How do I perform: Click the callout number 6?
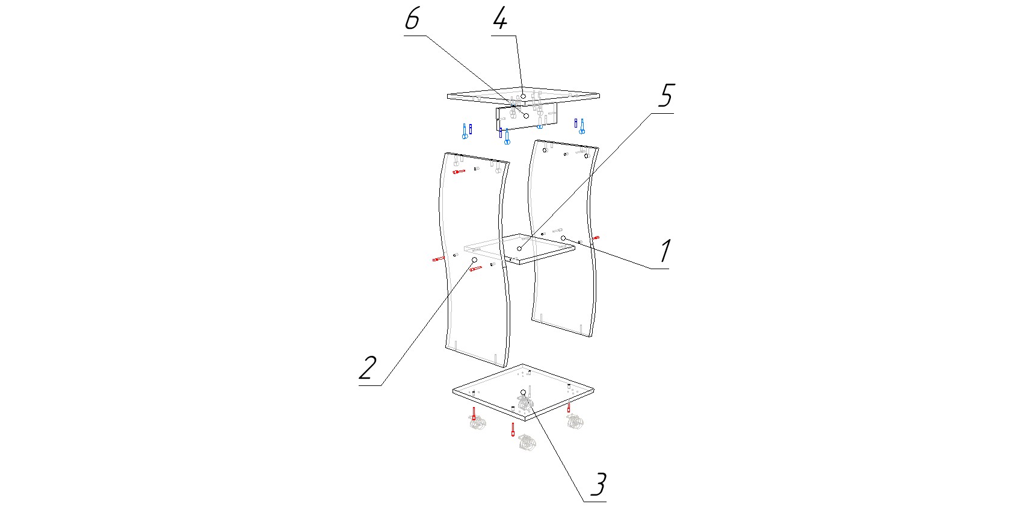point(412,19)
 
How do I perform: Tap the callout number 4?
point(500,19)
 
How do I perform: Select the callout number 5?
point(666,95)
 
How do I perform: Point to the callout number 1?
point(664,251)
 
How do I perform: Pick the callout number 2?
point(368,367)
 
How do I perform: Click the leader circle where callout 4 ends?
point(524,95)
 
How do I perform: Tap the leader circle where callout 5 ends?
point(519,248)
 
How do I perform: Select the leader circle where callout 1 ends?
point(563,238)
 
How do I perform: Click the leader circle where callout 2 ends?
point(474,260)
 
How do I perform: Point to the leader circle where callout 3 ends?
point(523,393)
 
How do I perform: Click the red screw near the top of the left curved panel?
point(459,172)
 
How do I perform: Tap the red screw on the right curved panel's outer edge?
point(596,238)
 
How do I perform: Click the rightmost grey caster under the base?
point(575,421)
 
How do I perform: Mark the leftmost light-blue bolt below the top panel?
point(465,132)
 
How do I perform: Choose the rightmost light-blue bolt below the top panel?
point(582,126)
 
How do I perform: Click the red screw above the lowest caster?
point(513,429)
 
